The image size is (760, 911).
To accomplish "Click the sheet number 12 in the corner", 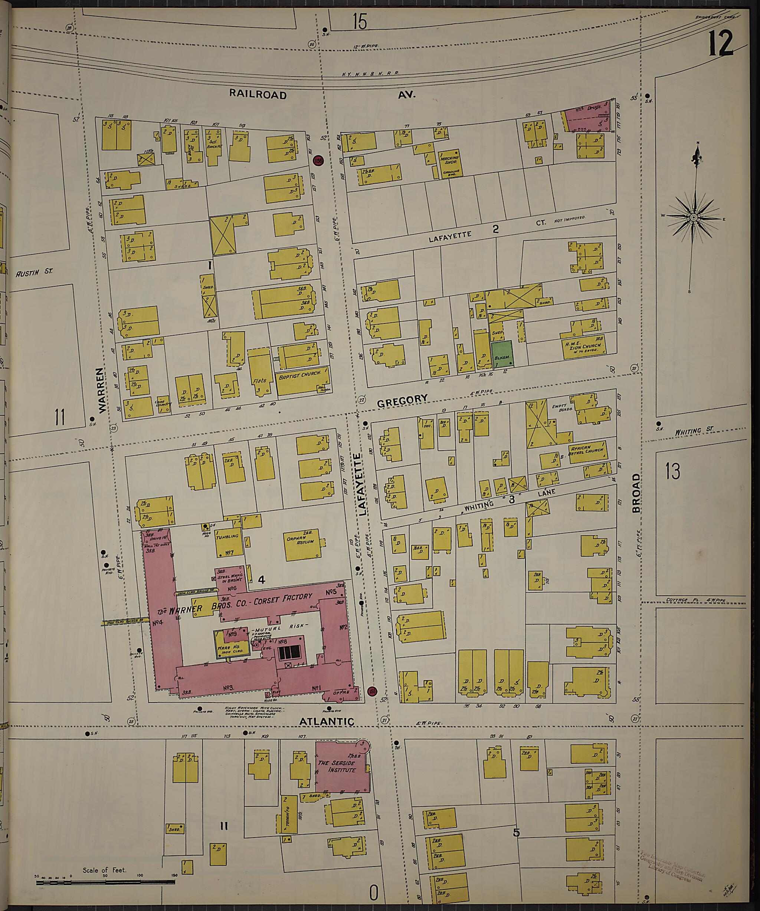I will tap(721, 43).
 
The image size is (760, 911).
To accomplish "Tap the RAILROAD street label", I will tap(258, 94).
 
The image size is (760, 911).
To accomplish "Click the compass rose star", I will tap(693, 217).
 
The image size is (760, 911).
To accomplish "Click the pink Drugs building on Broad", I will tap(589, 116).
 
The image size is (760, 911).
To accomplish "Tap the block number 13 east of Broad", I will tap(672, 471).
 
